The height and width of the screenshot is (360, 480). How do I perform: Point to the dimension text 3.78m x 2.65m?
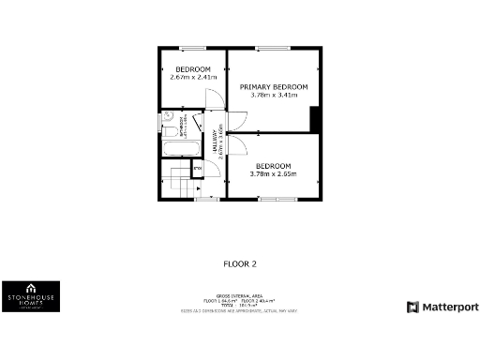[273, 173]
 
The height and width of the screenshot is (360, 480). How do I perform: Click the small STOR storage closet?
[197, 169]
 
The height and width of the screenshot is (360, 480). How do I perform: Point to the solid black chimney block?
[316, 120]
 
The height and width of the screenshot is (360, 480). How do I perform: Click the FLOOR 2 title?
[240, 264]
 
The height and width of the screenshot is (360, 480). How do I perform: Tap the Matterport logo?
[442, 307]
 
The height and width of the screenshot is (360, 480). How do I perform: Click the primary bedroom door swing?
[236, 119]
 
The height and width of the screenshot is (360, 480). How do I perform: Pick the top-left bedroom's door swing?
[214, 97]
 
